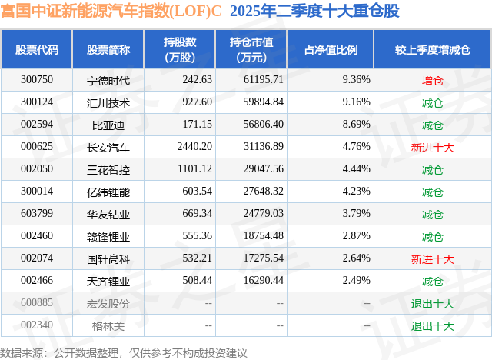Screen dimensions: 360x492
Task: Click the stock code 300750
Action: [x=37, y=80]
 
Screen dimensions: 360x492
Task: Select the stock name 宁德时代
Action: [x=108, y=80]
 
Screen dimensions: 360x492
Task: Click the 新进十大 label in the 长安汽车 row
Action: [x=432, y=147]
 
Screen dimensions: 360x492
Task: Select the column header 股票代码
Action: [x=37, y=50]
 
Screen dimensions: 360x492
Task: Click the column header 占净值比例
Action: [x=331, y=50]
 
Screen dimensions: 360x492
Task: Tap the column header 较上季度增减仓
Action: [x=432, y=50]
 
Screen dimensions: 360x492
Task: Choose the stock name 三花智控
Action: [x=108, y=169]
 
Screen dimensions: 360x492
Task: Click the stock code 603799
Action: [x=37, y=214]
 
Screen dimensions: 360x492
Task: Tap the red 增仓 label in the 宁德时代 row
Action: [x=432, y=80]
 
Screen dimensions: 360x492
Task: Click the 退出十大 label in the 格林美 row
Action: [x=432, y=325]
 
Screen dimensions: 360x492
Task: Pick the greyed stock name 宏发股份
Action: [x=108, y=303]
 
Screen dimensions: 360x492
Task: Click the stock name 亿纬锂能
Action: [x=108, y=192]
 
